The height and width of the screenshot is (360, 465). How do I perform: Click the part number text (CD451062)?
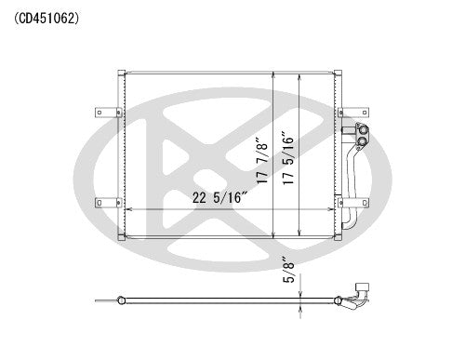pos(47,16)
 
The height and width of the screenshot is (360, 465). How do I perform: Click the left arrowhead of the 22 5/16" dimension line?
pos(129,209)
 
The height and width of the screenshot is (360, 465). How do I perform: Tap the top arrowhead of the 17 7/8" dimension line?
pos(271,73)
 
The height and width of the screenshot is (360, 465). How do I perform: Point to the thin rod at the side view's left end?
pos(104,300)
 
